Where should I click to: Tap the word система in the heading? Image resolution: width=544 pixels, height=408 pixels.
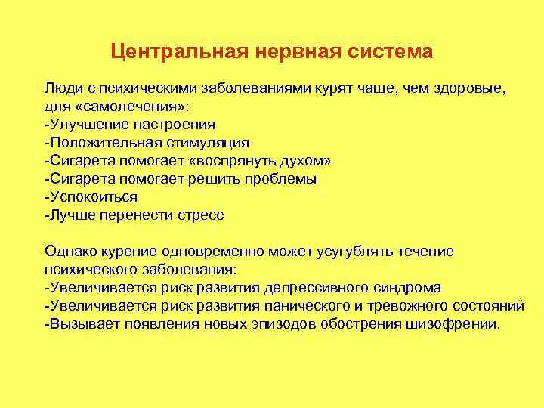pyautogui.click(x=389, y=52)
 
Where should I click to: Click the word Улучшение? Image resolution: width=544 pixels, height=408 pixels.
pyautogui.click(x=88, y=125)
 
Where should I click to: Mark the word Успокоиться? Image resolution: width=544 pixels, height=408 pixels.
pyautogui.click(x=93, y=197)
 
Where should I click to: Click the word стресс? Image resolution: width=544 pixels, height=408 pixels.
pyautogui.click(x=200, y=215)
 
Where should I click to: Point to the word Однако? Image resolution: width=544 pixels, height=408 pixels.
pyautogui.click(x=72, y=252)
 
